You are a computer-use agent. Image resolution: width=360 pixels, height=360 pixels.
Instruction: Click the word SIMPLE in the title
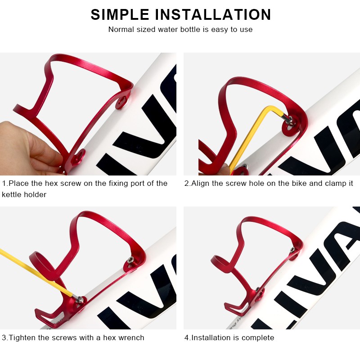(x=120, y=15)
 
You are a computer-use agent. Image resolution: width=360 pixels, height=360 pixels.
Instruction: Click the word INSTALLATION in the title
(x=213, y=15)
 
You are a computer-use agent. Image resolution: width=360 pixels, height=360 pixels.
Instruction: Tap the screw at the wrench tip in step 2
(x=290, y=120)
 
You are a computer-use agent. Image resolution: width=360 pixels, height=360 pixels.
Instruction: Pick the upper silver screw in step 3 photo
(x=130, y=260)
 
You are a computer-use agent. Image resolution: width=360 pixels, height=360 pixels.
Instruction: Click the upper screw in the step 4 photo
(x=292, y=249)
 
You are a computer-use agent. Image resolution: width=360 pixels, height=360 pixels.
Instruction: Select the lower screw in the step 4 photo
(x=257, y=289)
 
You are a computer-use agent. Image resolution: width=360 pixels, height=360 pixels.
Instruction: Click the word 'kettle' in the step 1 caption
(x=11, y=194)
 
